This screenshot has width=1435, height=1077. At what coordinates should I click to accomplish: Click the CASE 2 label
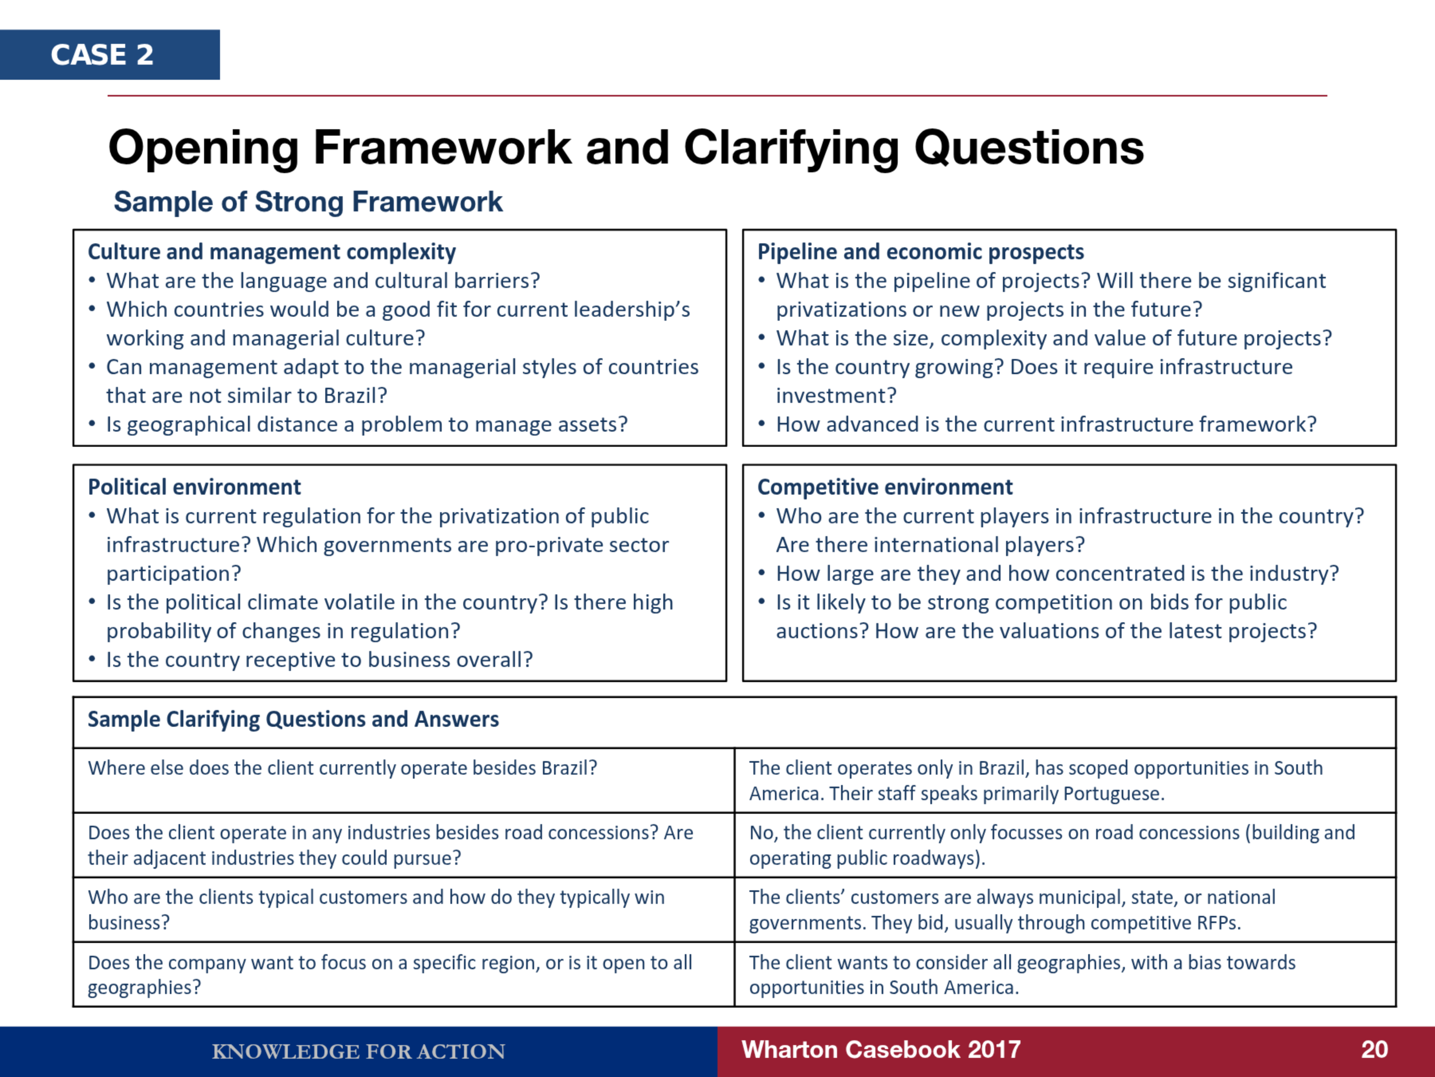tap(102, 55)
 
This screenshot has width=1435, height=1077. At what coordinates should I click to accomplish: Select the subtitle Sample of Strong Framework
tap(308, 202)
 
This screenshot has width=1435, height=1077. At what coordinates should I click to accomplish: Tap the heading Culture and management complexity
tap(272, 252)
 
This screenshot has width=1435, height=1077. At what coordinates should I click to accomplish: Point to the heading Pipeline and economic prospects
tap(920, 252)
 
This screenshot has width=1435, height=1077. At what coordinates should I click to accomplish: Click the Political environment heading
tap(195, 487)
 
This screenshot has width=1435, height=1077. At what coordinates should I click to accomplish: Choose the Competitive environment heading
tap(885, 487)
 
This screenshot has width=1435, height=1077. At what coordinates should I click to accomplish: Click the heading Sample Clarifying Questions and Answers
tap(293, 719)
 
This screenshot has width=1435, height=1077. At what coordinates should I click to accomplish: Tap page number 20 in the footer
tap(1374, 1050)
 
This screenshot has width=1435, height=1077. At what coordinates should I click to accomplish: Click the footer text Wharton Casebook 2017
tap(881, 1050)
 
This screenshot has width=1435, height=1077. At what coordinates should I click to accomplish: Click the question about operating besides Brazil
tap(342, 768)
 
